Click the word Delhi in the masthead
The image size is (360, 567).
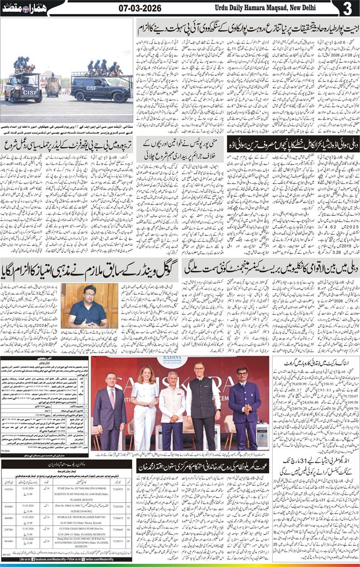pyautogui.click(x=322, y=8)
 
